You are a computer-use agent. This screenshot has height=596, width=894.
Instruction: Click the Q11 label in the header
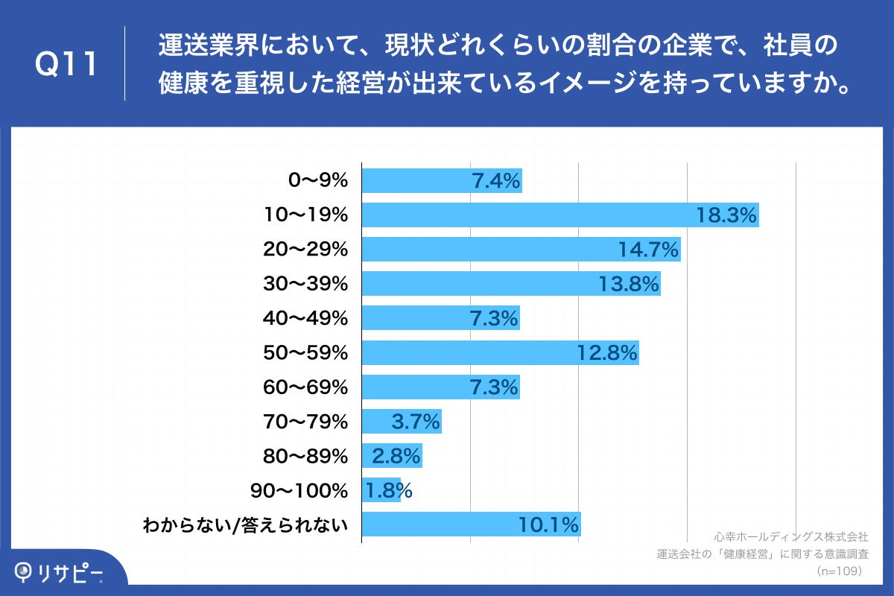click(67, 65)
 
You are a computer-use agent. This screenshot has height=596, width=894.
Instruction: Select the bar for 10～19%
click(559, 215)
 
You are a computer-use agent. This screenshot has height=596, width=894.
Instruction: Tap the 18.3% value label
click(726, 215)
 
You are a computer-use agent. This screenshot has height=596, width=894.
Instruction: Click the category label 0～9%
click(317, 180)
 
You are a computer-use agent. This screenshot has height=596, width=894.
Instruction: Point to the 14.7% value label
click(648, 250)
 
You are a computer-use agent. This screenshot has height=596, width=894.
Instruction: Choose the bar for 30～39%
click(510, 284)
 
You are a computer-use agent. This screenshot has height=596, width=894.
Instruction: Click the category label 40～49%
click(305, 318)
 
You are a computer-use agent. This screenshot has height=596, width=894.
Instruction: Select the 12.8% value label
click(607, 353)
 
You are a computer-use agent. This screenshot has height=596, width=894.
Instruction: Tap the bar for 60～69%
click(440, 387)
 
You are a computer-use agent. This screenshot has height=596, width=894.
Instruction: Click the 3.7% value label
click(416, 422)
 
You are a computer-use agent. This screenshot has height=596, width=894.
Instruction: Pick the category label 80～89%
click(305, 456)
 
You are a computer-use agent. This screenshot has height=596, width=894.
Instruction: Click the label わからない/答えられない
click(246, 525)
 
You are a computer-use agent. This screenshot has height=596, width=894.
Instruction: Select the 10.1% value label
click(549, 525)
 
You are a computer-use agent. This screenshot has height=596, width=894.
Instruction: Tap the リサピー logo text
click(70, 572)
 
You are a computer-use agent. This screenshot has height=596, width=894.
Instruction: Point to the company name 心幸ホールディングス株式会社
click(790, 536)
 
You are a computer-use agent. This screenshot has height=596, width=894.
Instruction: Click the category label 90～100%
click(301, 491)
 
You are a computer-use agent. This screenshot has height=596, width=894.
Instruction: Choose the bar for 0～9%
click(441, 180)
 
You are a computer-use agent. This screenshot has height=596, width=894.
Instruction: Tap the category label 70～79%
click(305, 422)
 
